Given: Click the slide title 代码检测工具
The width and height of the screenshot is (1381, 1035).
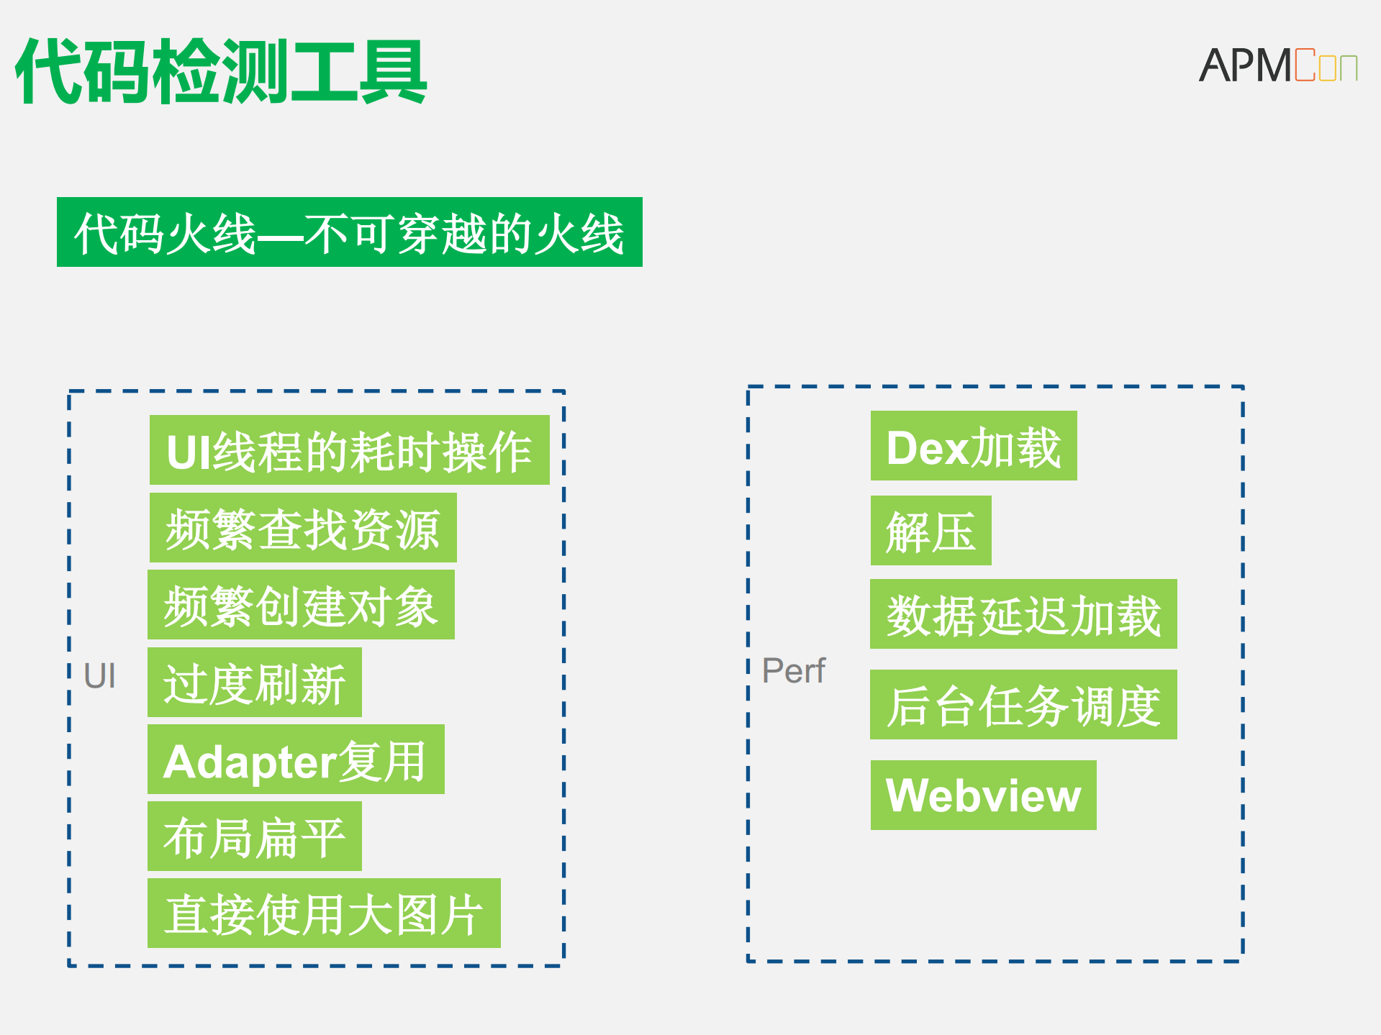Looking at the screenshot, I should click(221, 72).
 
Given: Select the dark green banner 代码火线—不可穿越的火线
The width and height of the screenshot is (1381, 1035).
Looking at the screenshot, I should click(349, 232).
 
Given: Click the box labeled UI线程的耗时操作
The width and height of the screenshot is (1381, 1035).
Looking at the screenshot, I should click(349, 450).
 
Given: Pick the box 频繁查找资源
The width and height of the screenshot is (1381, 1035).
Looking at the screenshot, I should click(303, 528).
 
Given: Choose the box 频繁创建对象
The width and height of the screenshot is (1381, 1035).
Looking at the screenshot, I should click(301, 605).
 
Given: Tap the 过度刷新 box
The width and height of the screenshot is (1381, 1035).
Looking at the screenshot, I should click(255, 683).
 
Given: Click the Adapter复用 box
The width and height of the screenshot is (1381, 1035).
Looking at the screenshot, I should click(296, 760).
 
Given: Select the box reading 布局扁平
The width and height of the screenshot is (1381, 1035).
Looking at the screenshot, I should click(255, 836).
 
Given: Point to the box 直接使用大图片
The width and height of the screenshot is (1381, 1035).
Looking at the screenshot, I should click(324, 913).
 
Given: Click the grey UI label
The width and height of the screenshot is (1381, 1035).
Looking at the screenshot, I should click(99, 676).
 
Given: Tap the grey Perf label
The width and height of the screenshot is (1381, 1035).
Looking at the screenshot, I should click(793, 670).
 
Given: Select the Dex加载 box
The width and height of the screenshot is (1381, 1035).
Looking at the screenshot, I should click(974, 446).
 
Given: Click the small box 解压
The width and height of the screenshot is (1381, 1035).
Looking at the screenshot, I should click(931, 531).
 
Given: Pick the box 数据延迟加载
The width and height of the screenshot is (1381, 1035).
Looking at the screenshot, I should click(1023, 614).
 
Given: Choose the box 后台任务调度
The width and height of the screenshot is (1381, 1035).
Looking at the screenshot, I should click(1023, 705).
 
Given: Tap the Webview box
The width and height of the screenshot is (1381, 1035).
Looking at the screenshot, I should click(983, 795).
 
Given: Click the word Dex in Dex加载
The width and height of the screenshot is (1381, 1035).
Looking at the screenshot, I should click(928, 448).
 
